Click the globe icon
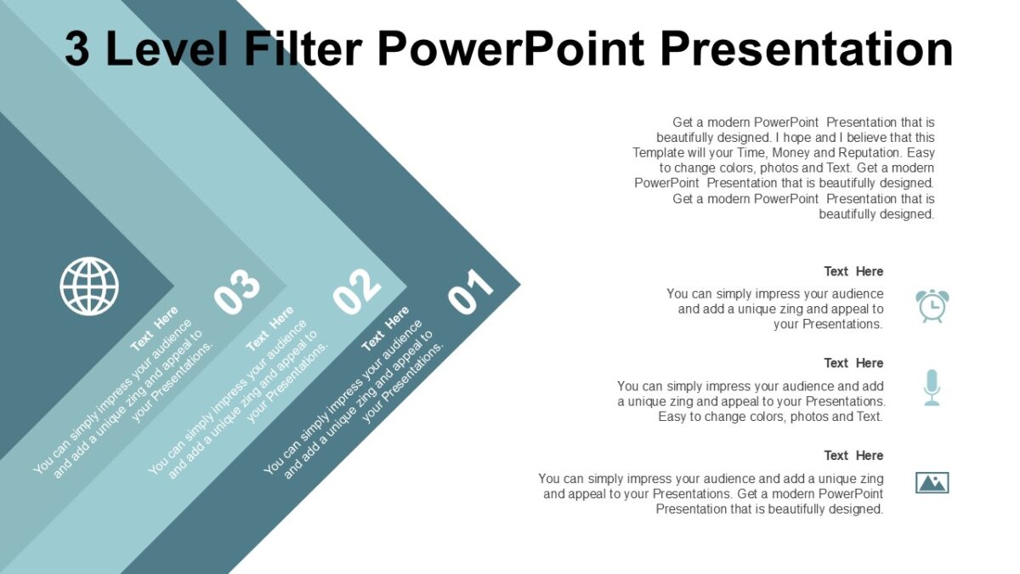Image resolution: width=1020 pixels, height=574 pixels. [89, 286]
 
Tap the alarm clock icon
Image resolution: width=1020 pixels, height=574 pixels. [932, 305]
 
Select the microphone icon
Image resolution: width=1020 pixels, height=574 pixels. [932, 387]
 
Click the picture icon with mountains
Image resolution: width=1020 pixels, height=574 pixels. [932, 483]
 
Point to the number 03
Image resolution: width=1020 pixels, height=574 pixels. [236, 292]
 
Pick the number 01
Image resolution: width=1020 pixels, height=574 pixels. [471, 293]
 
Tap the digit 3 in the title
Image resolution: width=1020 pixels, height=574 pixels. [78, 48]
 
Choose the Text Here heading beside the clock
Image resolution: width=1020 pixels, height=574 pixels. [853, 271]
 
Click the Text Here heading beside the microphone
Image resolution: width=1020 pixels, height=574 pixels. [853, 363]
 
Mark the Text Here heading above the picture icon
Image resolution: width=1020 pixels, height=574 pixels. [853, 456]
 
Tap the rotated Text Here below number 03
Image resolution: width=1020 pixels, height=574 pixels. [155, 328]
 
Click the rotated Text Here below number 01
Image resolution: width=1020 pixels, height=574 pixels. [385, 329]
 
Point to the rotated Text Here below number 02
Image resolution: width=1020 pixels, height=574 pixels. [269, 329]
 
